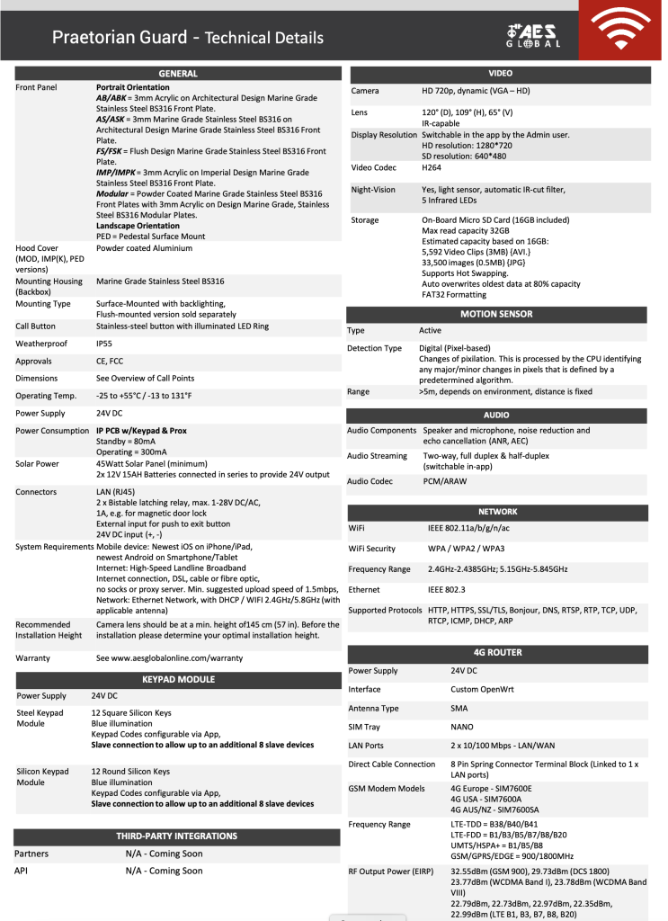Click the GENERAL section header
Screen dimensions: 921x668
pyautogui.click(x=177, y=74)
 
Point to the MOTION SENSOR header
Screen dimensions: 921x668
pyautogui.click(x=496, y=314)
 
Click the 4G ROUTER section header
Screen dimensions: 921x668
pyautogui.click(x=497, y=652)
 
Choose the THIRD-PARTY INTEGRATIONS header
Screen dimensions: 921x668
pyautogui.click(x=176, y=836)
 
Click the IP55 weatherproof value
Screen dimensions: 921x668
pyautogui.click(x=105, y=344)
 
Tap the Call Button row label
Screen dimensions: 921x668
pyautogui.click(x=36, y=326)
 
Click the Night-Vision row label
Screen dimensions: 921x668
pyautogui.click(x=373, y=190)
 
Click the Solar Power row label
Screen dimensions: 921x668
pyautogui.click(x=37, y=463)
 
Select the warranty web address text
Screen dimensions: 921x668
pyautogui.click(x=169, y=657)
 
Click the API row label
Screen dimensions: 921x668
pyautogui.click(x=22, y=871)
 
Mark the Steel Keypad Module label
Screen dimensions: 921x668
pyautogui.click(x=40, y=718)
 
